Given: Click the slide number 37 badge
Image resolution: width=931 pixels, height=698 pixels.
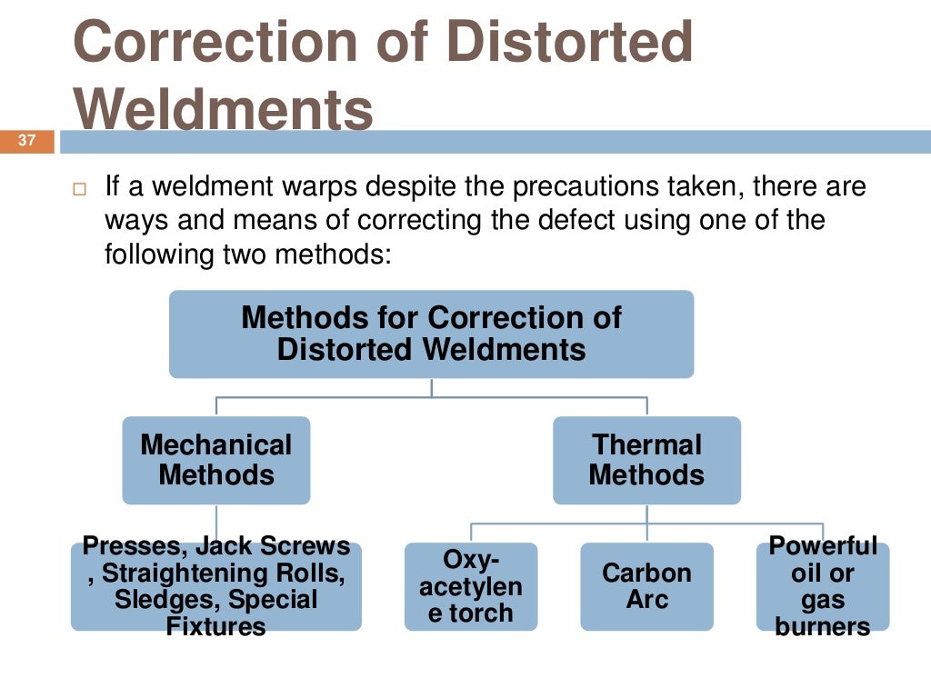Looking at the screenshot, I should pyautogui.click(x=26, y=142).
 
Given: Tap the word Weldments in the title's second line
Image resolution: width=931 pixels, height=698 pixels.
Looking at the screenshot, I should pyautogui.click(x=224, y=110).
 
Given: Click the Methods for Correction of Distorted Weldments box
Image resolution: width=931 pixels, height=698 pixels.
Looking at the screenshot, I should pyautogui.click(x=431, y=334).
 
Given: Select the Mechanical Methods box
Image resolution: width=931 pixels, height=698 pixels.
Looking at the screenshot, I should pyautogui.click(x=216, y=460).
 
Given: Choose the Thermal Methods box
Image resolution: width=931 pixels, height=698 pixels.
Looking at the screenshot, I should pyautogui.click(x=646, y=460).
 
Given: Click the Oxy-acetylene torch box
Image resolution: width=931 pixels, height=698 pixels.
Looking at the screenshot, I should pyautogui.click(x=471, y=586).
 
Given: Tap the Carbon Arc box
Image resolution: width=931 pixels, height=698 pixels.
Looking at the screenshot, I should pyautogui.click(x=646, y=586).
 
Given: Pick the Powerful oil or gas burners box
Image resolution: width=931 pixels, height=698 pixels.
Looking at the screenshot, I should pyautogui.click(x=823, y=586).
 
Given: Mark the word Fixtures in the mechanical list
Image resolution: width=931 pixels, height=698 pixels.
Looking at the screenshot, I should pyautogui.click(x=216, y=626).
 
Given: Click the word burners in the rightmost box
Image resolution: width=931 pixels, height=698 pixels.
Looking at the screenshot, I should pyautogui.click(x=823, y=626).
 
